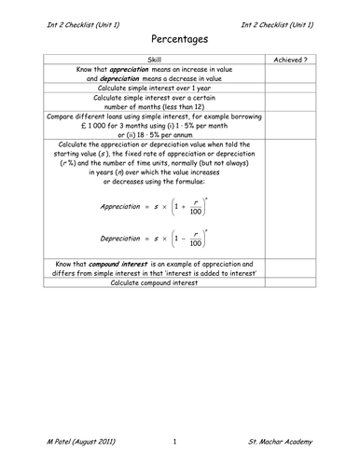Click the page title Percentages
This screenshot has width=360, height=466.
click(179, 40)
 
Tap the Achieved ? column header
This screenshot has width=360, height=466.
click(290, 60)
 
